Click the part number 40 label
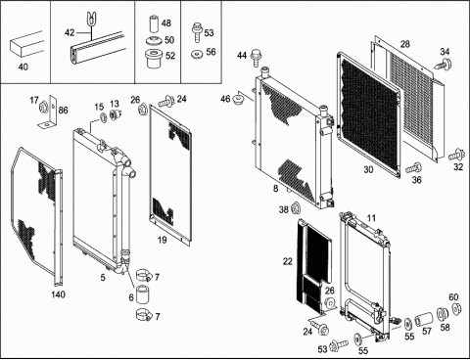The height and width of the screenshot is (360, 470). point(23,67)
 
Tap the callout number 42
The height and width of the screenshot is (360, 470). point(70,32)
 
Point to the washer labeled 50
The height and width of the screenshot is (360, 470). point(154,42)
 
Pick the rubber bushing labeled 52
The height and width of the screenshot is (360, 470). point(154,59)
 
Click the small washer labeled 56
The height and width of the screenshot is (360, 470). point(197,53)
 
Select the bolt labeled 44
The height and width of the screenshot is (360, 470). point(256,58)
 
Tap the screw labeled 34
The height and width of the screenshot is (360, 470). point(444,64)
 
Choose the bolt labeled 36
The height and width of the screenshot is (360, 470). point(413,168)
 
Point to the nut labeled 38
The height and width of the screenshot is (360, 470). point(296,208)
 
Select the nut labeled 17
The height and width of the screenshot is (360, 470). point(43,107)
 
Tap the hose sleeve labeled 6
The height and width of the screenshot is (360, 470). point(143,293)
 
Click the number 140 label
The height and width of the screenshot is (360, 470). point(58,294)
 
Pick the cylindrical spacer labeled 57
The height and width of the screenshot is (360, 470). point(424,318)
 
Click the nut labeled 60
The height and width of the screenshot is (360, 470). point(456,308)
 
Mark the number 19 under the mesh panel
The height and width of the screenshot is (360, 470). point(162,240)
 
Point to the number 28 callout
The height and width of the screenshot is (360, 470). point(404,44)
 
